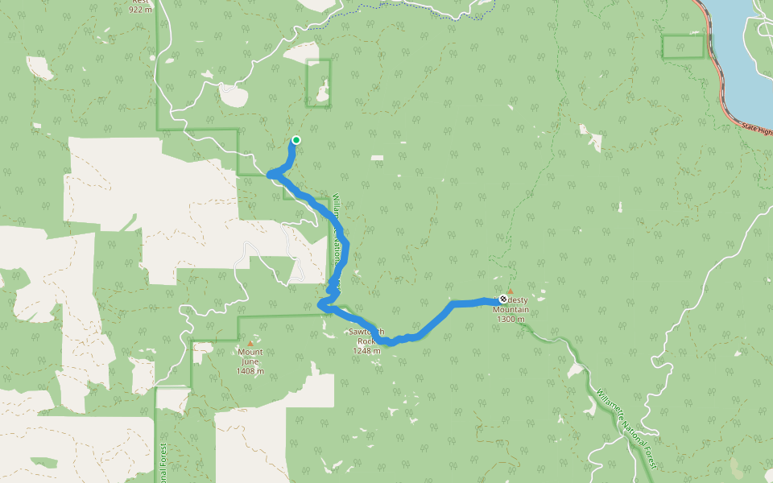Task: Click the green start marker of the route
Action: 296,140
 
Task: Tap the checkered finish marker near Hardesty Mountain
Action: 503,299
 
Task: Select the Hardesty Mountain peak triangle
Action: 510,291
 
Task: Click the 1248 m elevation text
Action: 367,351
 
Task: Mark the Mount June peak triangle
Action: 250,343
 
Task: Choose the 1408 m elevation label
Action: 250,371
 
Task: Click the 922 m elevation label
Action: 140,10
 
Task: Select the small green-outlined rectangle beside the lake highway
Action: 684,47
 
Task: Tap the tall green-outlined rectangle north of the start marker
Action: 319,83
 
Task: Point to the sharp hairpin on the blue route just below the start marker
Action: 271,174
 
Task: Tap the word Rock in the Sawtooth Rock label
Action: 367,341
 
